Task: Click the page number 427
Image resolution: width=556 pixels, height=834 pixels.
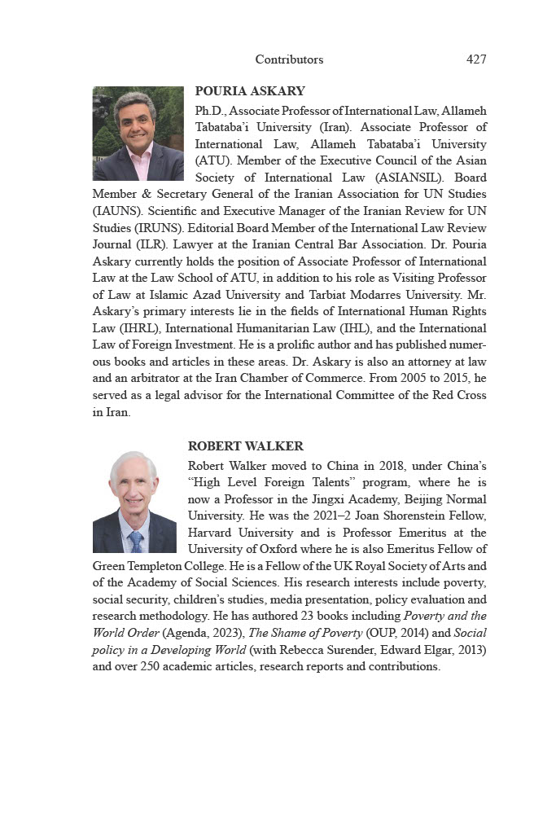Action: tap(476, 59)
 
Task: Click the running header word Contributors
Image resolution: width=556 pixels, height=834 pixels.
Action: tap(289, 59)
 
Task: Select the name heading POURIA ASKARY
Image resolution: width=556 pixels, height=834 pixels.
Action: tap(250, 91)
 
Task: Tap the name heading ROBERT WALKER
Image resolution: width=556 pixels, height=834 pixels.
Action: tap(246, 446)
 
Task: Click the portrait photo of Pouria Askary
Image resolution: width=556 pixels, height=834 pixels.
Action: tap(138, 134)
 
